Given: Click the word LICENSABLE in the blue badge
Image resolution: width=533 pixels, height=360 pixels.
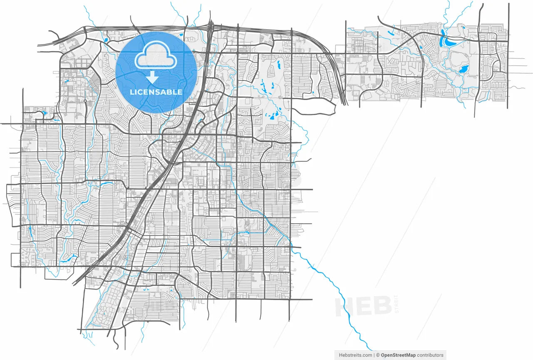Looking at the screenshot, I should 156,92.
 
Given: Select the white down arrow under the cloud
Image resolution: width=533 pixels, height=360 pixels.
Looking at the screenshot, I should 153,77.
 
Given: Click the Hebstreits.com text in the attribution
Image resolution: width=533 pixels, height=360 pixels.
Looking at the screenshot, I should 355,355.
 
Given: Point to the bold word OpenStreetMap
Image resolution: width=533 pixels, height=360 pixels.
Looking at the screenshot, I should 398,355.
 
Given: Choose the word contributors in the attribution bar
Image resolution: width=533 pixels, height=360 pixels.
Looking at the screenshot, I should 430,355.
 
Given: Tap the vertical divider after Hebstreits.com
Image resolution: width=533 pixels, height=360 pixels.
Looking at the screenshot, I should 374,355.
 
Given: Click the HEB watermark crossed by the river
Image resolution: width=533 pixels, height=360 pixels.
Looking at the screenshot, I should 362,307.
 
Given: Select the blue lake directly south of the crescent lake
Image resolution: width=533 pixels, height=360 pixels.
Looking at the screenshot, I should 464,69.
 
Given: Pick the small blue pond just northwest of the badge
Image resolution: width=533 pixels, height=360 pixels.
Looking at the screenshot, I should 106,40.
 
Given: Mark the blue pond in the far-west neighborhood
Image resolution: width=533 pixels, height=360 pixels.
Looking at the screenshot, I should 44,112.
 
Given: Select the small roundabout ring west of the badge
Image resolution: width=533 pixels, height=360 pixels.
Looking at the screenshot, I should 85,101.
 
